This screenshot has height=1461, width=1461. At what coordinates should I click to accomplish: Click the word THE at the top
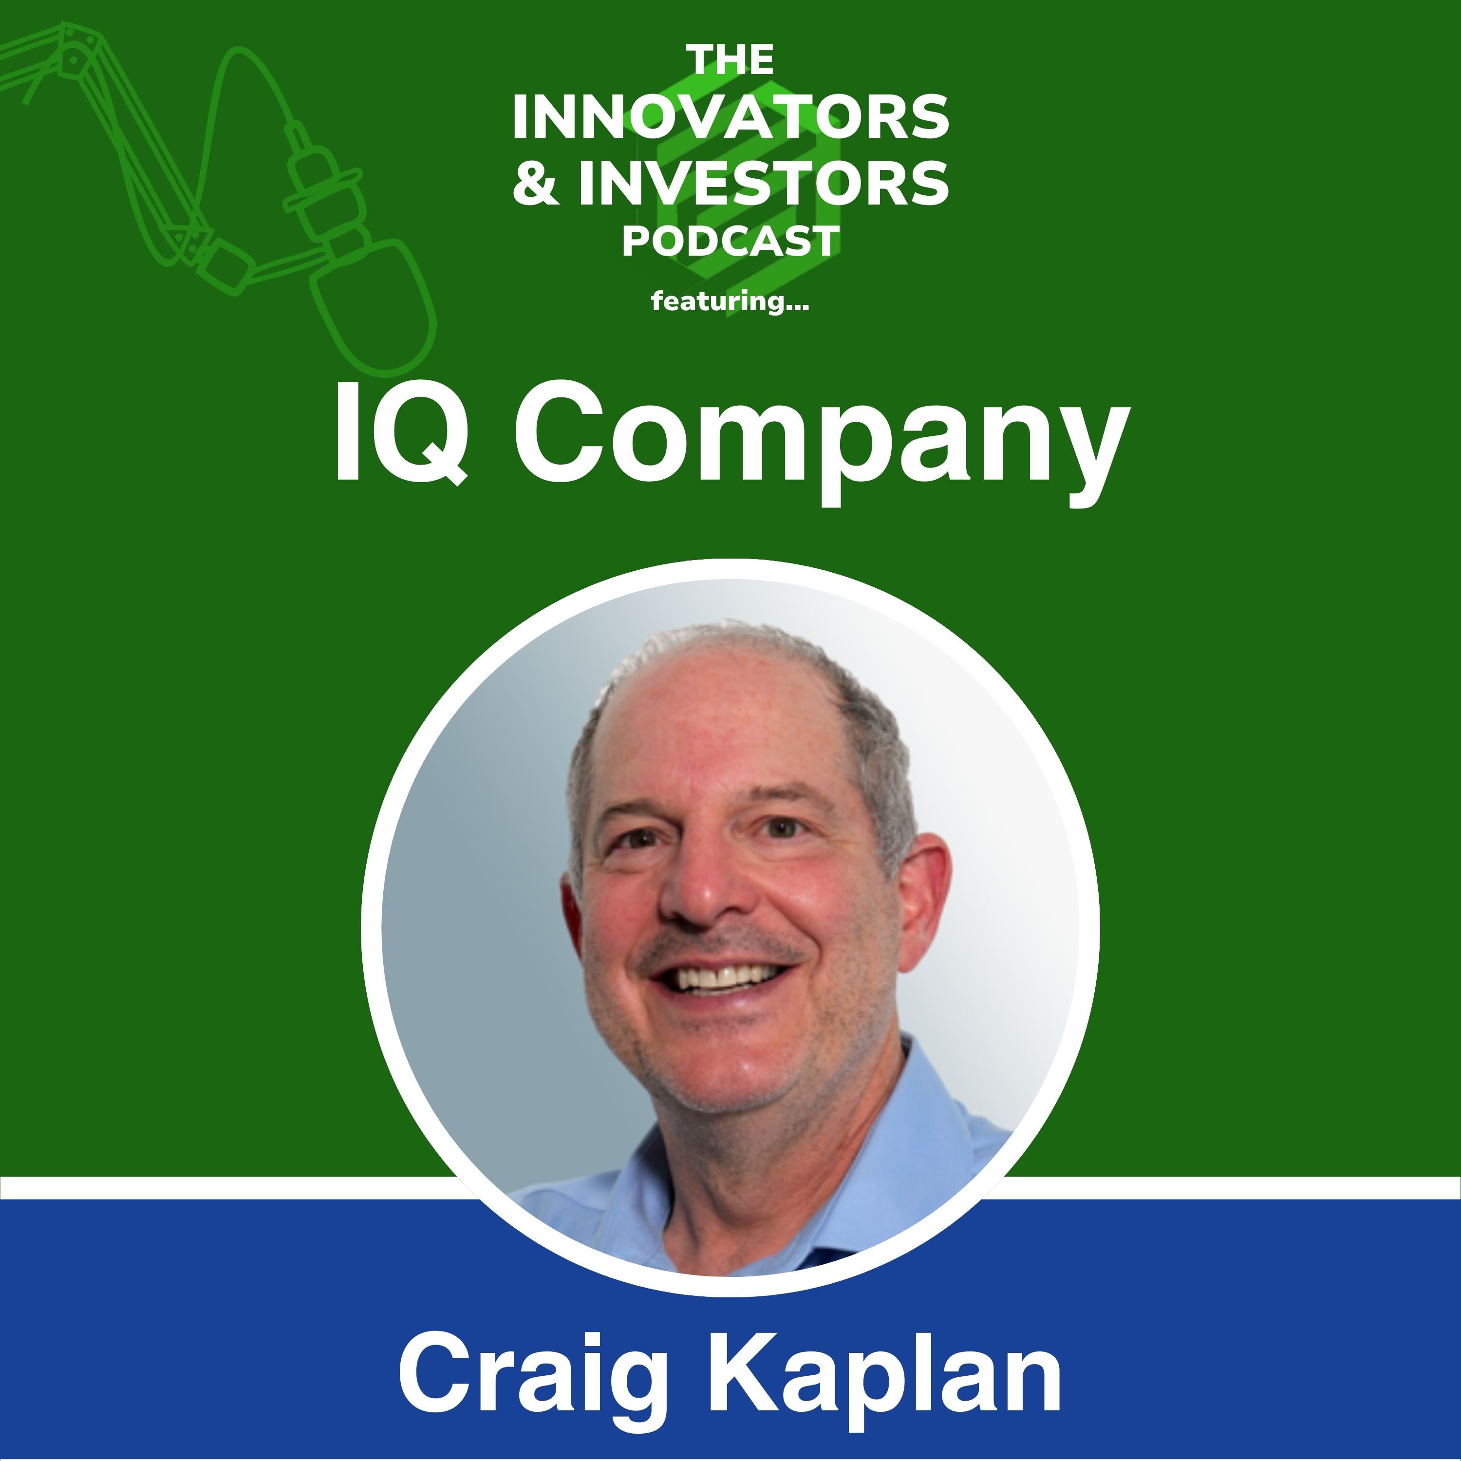click(x=730, y=60)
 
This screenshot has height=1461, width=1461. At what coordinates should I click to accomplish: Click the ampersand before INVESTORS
click(x=536, y=184)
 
